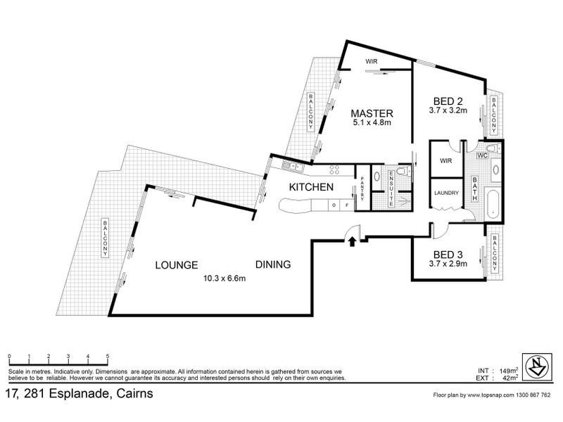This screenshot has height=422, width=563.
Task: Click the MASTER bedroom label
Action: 372,113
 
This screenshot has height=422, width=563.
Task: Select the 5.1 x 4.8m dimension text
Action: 372,123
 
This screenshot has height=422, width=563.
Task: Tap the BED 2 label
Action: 448,100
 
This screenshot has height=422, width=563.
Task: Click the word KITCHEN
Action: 310,187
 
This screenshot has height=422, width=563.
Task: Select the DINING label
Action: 273,264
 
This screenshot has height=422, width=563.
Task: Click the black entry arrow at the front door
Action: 351,241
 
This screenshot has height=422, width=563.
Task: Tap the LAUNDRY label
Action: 447,193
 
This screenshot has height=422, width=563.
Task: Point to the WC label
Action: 483,155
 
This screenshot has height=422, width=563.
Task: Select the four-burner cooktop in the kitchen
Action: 335,169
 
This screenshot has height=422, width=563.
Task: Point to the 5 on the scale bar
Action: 107,357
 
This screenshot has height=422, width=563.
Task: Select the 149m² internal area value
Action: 508,370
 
